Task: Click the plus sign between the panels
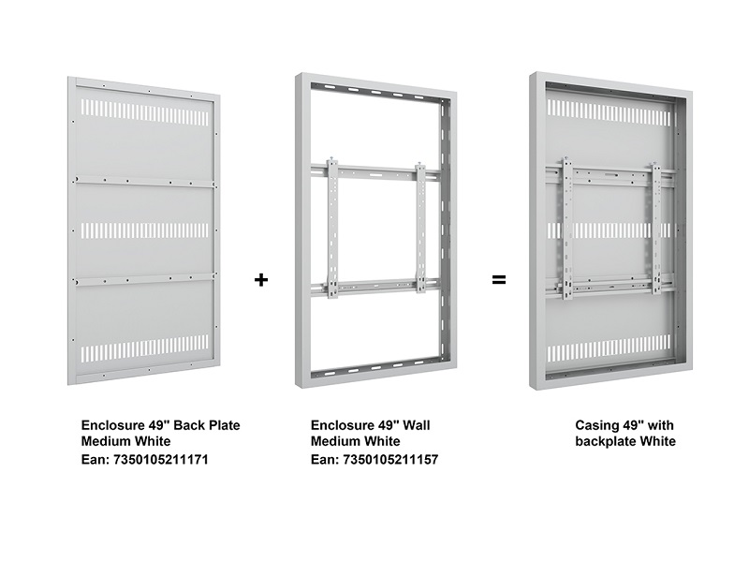[261, 279]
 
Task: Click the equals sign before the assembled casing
[499, 279]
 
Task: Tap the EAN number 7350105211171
[160, 460]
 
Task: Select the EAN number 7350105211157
[390, 460]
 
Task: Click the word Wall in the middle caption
[417, 425]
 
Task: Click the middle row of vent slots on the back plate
[145, 231]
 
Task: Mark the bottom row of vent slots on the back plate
[145, 348]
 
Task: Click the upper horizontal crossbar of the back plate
[144, 182]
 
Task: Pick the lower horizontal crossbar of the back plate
[144, 279]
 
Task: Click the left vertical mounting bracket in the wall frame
[333, 229]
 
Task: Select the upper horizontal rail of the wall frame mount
[376, 171]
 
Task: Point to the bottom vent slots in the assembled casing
[612, 353]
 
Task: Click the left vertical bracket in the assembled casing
[567, 229]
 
